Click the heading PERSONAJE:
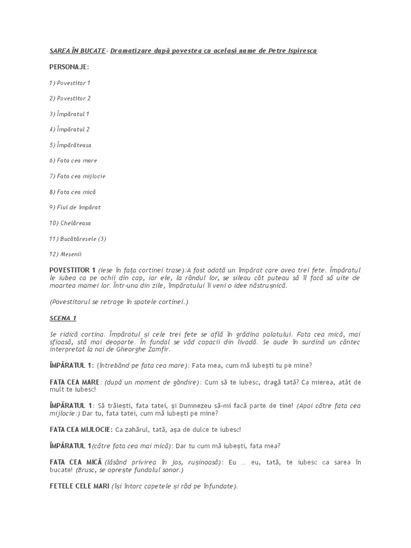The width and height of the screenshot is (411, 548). pyautogui.click(x=69, y=67)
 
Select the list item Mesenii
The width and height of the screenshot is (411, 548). pyautogui.click(x=67, y=254)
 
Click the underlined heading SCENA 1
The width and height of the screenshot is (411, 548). pyautogui.click(x=63, y=318)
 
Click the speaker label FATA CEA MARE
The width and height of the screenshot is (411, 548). pyautogui.click(x=74, y=382)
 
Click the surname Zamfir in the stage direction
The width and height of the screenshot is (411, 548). pyautogui.click(x=157, y=349)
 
